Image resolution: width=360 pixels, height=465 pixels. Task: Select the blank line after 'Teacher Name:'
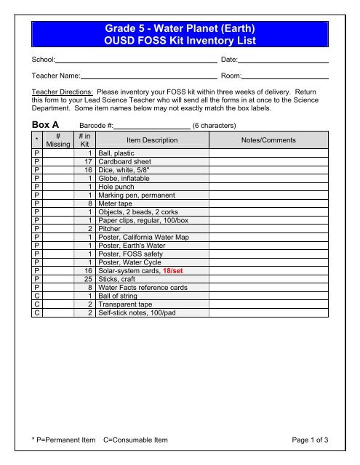[148, 76]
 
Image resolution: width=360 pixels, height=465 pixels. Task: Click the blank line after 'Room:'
[285, 76]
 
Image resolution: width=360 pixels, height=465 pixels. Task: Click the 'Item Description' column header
[146, 140]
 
